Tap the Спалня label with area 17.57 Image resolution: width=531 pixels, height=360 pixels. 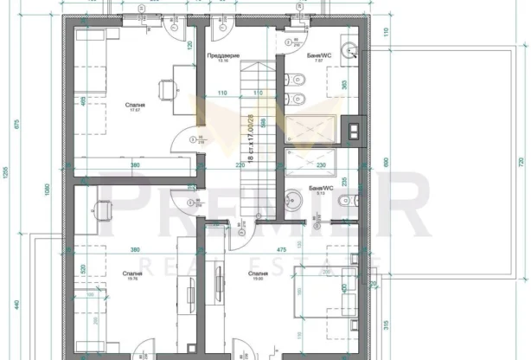point(135,106)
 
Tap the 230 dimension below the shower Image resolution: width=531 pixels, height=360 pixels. point(320,164)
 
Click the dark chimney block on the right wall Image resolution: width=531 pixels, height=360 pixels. point(352,131)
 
